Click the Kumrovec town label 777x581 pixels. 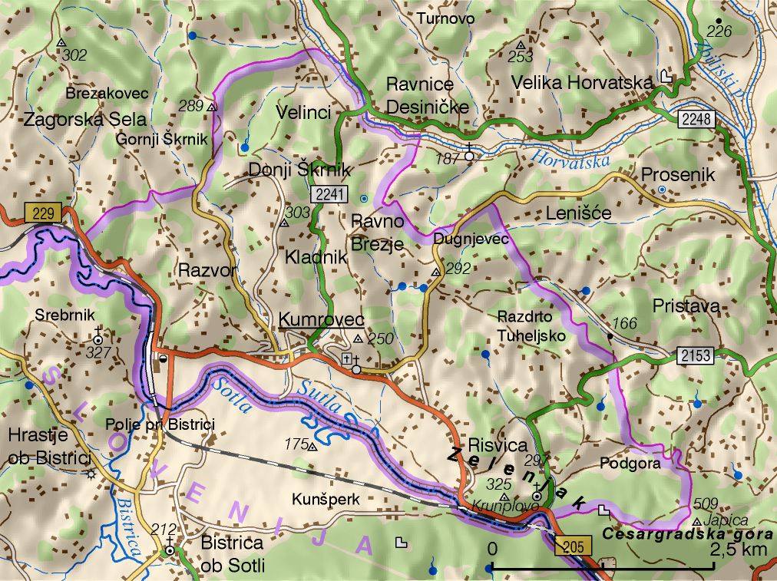tap(321, 319)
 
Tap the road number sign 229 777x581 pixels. tap(43, 213)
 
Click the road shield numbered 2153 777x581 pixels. tap(696, 355)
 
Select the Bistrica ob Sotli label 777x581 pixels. tap(232, 555)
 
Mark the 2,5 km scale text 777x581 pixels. tap(738, 550)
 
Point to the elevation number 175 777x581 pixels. tap(296, 444)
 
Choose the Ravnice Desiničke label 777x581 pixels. tap(427, 95)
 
